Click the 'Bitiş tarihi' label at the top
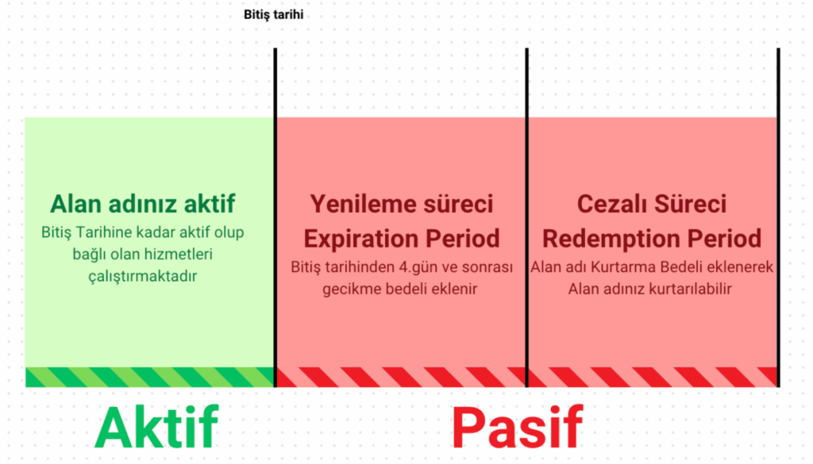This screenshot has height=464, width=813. coord(273,14)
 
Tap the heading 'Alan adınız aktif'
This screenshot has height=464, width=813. coord(143,204)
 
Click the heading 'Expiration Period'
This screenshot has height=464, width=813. coord(402,238)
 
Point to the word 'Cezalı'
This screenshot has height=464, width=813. coord(610,204)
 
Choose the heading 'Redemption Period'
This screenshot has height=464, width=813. coord(652,238)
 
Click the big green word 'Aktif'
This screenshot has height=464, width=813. coord(156,428)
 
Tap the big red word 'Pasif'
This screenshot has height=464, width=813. coord(518,428)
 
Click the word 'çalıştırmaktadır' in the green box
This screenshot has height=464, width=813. coord(143,276)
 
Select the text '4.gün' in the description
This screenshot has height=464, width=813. coord(418,267)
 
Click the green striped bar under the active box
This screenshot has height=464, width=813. coord(150,377)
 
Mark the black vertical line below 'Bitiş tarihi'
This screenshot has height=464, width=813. coord(275,217)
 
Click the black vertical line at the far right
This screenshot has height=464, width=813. coord(778,217)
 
